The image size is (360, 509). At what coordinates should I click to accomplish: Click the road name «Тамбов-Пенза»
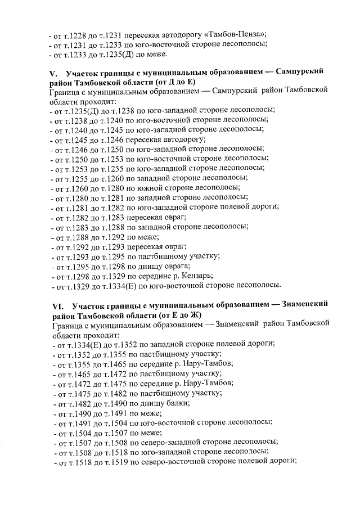pyautogui.click(x=240, y=34)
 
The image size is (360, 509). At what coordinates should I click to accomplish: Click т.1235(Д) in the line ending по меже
pyautogui.click(x=119, y=55)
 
